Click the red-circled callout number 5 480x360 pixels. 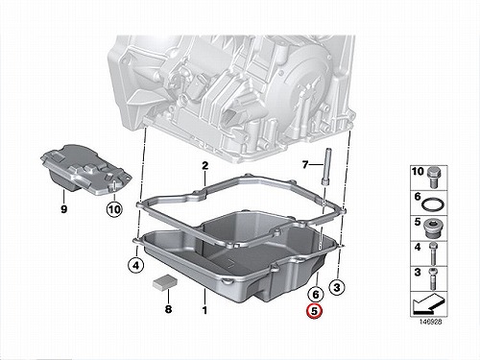point(315,311)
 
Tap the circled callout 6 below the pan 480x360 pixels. point(316,294)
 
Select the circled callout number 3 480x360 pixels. point(337,287)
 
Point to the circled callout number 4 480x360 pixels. point(136,265)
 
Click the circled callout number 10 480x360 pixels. point(114,209)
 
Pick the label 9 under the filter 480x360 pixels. point(64,209)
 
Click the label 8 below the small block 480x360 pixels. point(168,309)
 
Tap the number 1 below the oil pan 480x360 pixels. point(204,310)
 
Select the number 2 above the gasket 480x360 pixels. point(204,166)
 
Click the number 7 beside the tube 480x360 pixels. point(305,165)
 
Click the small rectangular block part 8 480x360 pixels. point(164,282)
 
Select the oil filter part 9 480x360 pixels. point(85,169)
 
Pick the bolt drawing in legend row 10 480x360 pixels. point(434,178)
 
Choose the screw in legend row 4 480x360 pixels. point(433,253)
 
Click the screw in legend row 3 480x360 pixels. point(433,278)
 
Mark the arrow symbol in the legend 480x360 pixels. point(428,304)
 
